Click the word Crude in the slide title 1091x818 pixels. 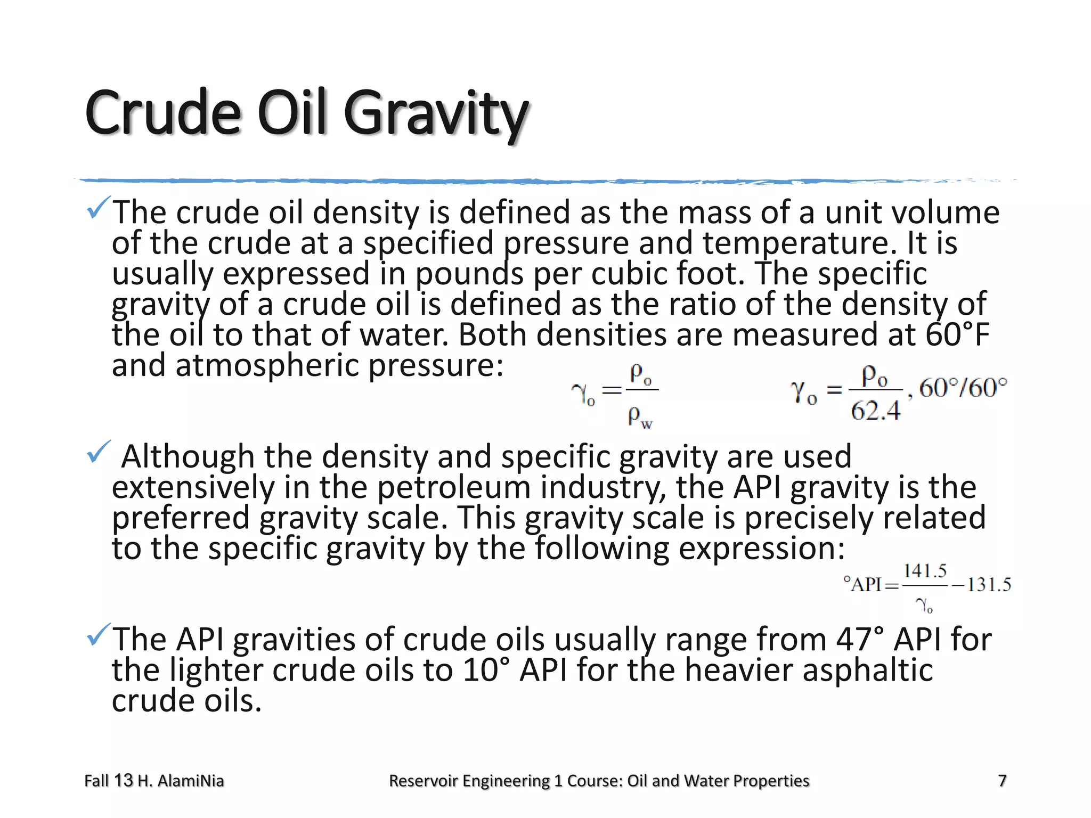click(x=162, y=113)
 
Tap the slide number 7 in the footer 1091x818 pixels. click(x=1002, y=781)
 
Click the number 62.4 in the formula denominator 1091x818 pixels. click(x=875, y=411)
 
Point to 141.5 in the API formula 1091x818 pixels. click(x=925, y=571)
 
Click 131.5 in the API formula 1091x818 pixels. click(x=989, y=585)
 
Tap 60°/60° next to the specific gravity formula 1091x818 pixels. click(x=963, y=388)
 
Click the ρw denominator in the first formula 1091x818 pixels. click(x=639, y=416)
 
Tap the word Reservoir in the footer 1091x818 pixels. click(x=424, y=781)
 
